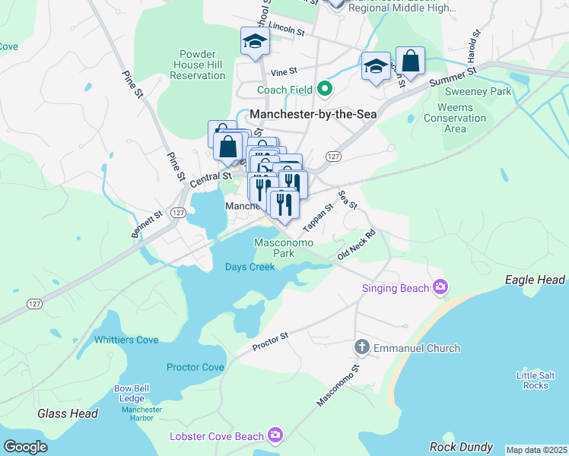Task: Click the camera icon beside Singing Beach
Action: [x=440, y=287]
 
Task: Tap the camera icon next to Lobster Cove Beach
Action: [x=275, y=435]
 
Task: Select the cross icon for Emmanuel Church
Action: [x=362, y=348]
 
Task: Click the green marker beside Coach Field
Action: [x=325, y=90]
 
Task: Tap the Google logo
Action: [x=26, y=447]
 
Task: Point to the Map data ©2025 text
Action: [x=536, y=450]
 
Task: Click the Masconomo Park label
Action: [x=273, y=247]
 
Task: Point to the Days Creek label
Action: [x=250, y=267]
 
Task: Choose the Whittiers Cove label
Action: [x=126, y=340]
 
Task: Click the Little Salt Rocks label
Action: [x=536, y=380]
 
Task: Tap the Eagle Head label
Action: [x=536, y=280]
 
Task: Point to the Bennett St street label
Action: [x=148, y=225]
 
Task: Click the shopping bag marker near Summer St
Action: [x=410, y=62]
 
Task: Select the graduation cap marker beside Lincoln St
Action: [x=256, y=43]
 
